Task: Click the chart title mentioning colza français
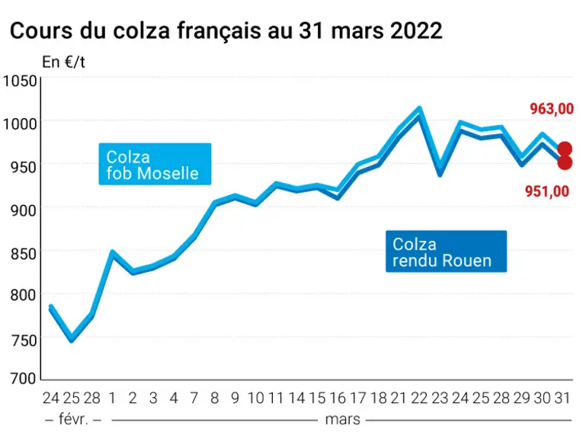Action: [x=226, y=30]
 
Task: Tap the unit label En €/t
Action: [x=63, y=62]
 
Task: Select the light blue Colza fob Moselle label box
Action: [x=155, y=164]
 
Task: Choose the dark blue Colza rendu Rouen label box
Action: [x=446, y=252]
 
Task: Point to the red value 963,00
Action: [x=552, y=109]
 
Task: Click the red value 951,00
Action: [x=547, y=191]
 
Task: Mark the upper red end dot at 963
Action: [x=565, y=149]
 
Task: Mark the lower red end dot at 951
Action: [x=565, y=162]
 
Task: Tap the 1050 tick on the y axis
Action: [x=21, y=82]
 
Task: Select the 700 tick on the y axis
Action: [x=24, y=379]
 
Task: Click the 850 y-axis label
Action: [x=24, y=255]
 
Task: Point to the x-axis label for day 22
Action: [x=419, y=398]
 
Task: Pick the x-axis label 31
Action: [x=562, y=398]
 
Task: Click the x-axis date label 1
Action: [x=112, y=398]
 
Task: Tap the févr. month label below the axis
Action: [x=73, y=420]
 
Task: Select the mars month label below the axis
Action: [x=342, y=420]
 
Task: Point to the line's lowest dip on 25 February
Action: [x=72, y=339]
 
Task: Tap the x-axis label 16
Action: [x=338, y=398]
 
